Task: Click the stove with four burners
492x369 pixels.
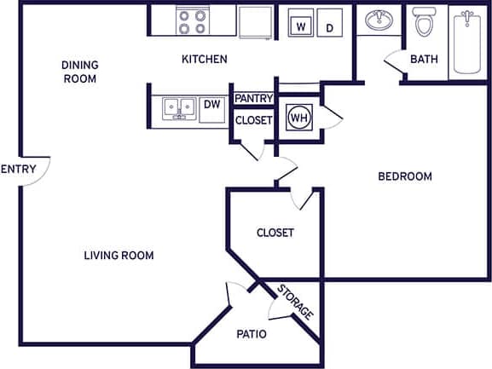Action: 194,21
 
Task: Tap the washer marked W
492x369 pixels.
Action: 300,26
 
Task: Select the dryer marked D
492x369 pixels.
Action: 329,26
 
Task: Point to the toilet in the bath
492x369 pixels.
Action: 423,23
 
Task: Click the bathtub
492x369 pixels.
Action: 466,42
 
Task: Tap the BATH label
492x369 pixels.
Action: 424,60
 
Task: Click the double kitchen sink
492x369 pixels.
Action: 179,107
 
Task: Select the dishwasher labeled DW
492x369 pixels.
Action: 212,105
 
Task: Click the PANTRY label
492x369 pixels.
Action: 253,99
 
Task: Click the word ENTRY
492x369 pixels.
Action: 18,169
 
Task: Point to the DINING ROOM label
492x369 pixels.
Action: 79,72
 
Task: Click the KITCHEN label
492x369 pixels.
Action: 205,60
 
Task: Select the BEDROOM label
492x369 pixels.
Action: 404,177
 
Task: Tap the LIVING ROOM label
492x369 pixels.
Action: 119,256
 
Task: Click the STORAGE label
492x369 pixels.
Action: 295,302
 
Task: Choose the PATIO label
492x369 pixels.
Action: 252,334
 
